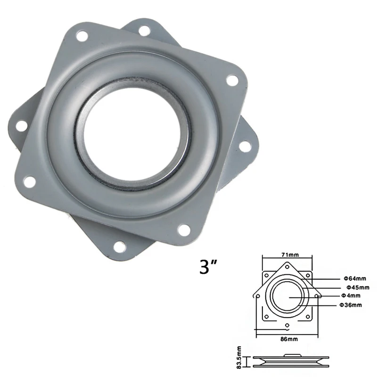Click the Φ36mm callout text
(x=351, y=305)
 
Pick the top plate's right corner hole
(x=231, y=80)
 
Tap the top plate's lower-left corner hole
(x=32, y=180)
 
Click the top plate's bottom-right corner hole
(x=185, y=229)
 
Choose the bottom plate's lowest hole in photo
(x=120, y=246)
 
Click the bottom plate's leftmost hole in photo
(x=22, y=125)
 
